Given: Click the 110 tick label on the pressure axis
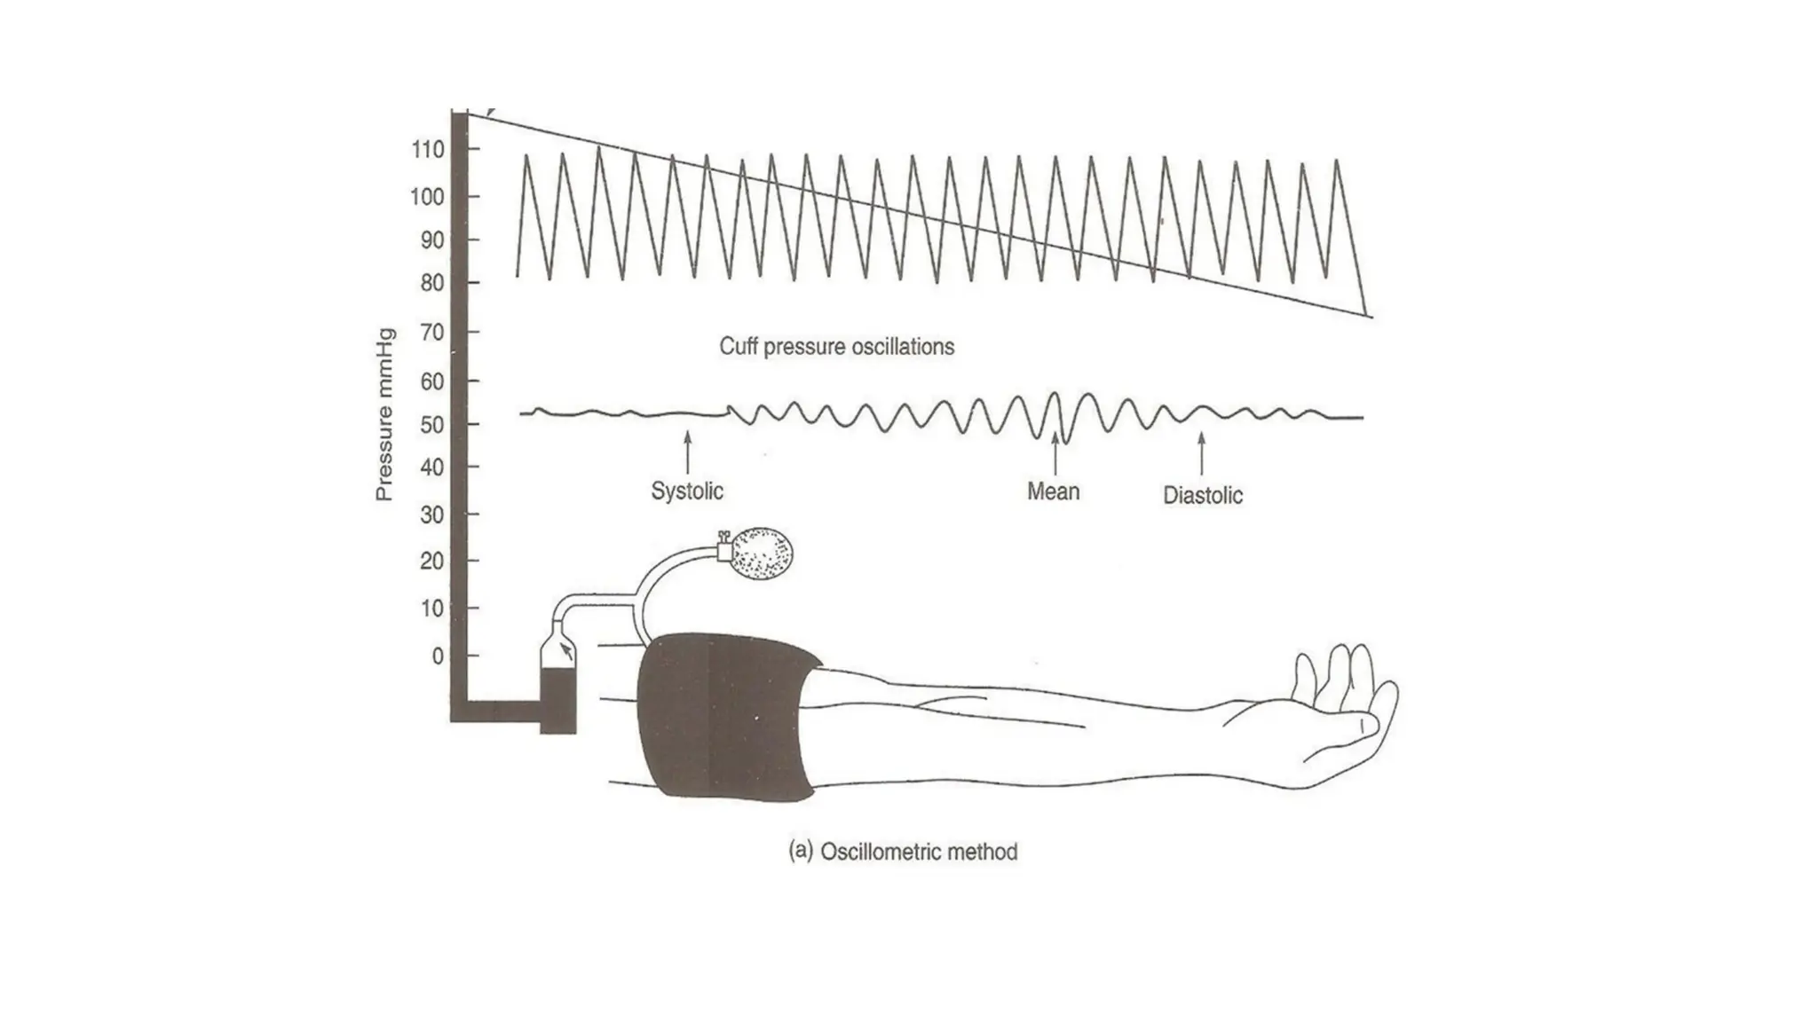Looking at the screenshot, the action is pyautogui.click(x=428, y=150).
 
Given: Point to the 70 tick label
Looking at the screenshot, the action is pyautogui.click(x=431, y=333).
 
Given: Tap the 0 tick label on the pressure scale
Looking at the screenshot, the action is pyautogui.click(x=438, y=656).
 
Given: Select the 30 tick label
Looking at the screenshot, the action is pyautogui.click(x=431, y=515).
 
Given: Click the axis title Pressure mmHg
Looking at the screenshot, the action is pyautogui.click(x=383, y=415).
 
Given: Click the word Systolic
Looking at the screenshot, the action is pyautogui.click(x=687, y=491).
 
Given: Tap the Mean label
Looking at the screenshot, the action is pyautogui.click(x=1054, y=491).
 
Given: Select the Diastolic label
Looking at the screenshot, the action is pyautogui.click(x=1203, y=495).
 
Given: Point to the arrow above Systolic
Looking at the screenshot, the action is pyautogui.click(x=687, y=451).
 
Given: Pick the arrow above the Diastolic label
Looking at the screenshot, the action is pyautogui.click(x=1202, y=452).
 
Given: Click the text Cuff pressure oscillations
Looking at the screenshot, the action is pyautogui.click(x=836, y=347).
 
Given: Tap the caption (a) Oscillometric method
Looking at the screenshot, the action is pyautogui.click(x=903, y=852).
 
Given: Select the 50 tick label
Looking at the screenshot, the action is pyautogui.click(x=431, y=425).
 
